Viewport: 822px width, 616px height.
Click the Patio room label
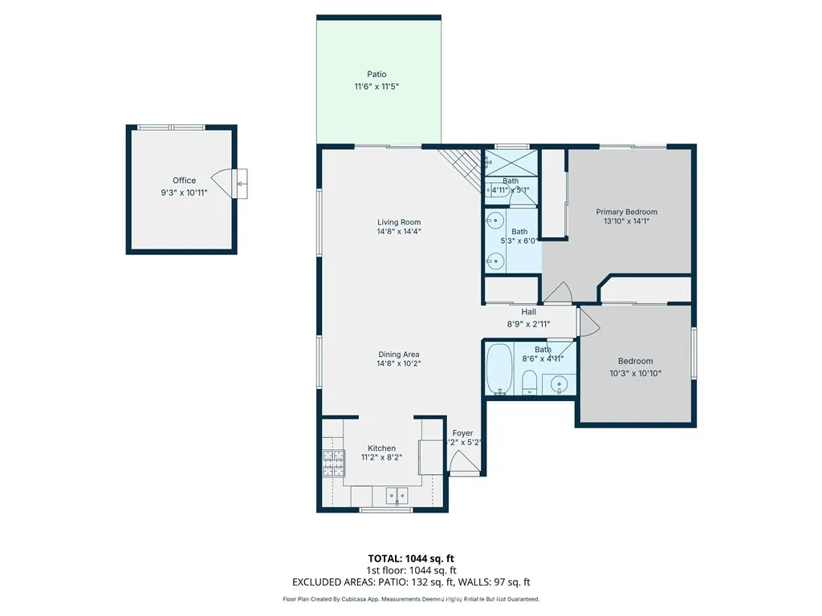click(x=376, y=75)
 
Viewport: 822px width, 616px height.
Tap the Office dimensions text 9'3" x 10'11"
click(x=184, y=192)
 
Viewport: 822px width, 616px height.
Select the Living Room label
click(x=399, y=222)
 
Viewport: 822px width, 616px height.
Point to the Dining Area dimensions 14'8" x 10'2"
click(x=399, y=363)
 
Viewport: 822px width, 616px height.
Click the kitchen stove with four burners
click(x=332, y=464)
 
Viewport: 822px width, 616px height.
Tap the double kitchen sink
click(x=396, y=496)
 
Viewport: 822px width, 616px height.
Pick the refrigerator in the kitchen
click(x=432, y=456)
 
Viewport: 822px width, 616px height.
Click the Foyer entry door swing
click(x=462, y=463)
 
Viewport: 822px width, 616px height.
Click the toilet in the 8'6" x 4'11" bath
click(x=530, y=383)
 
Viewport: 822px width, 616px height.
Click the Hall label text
click(x=528, y=312)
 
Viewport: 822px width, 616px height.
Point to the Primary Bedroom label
click(x=626, y=212)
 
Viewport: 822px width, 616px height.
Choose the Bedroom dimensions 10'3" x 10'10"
click(x=635, y=373)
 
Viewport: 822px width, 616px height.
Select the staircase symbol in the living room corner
click(x=462, y=165)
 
